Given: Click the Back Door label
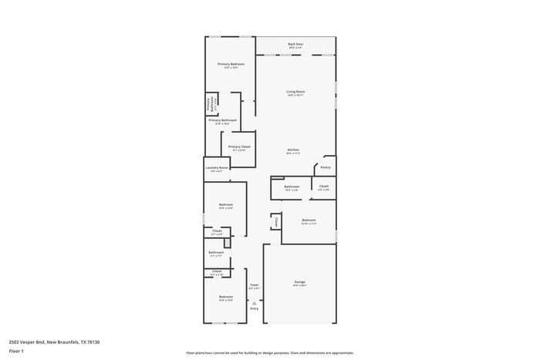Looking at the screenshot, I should click(x=295, y=45).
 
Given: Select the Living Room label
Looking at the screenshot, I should click(x=295, y=93).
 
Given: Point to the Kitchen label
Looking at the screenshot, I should click(x=293, y=150).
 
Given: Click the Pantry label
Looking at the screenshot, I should click(x=326, y=167).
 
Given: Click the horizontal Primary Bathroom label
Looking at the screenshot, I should click(x=222, y=120).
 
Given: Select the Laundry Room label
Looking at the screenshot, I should click(x=217, y=168).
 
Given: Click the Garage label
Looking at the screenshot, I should click(x=299, y=282).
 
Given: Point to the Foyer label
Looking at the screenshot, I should click(x=254, y=285).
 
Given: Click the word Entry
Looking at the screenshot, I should click(x=254, y=308).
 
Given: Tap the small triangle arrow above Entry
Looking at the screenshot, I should click(x=254, y=302).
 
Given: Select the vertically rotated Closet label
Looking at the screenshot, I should click(x=275, y=222).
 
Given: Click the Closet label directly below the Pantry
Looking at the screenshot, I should click(x=323, y=186).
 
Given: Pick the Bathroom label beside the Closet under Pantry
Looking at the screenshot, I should click(x=292, y=187).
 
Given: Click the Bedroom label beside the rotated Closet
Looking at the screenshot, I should click(x=309, y=220).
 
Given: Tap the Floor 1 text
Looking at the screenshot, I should click(x=16, y=351).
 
